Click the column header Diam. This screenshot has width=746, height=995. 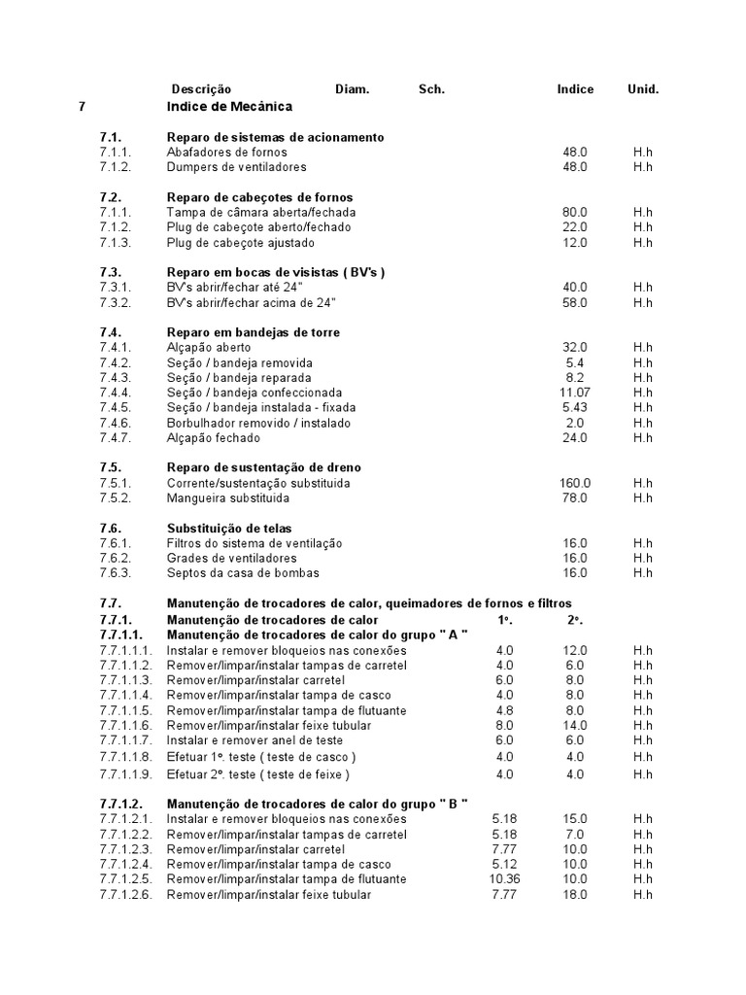pyautogui.click(x=353, y=89)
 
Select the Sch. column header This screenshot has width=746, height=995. pyautogui.click(x=431, y=89)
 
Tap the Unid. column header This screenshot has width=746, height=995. pyautogui.click(x=643, y=89)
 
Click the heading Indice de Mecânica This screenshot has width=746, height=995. pyautogui.click(x=229, y=106)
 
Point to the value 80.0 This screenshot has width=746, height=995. pyautogui.click(x=575, y=212)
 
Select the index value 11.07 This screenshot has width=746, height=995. pyautogui.click(x=575, y=393)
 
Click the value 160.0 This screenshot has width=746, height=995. pyautogui.click(x=575, y=483)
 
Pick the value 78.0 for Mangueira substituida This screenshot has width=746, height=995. pyautogui.click(x=575, y=498)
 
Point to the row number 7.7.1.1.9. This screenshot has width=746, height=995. pyautogui.click(x=126, y=774)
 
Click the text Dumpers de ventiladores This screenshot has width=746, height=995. pyautogui.click(x=241, y=167)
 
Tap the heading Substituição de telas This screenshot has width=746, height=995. pyautogui.click(x=229, y=529)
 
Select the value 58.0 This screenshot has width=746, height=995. pyautogui.click(x=575, y=303)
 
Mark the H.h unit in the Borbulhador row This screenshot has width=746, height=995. pyautogui.click(x=643, y=423)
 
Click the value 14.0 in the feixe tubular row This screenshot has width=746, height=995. pyautogui.click(x=575, y=725)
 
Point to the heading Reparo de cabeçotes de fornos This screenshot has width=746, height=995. pyautogui.click(x=259, y=197)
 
